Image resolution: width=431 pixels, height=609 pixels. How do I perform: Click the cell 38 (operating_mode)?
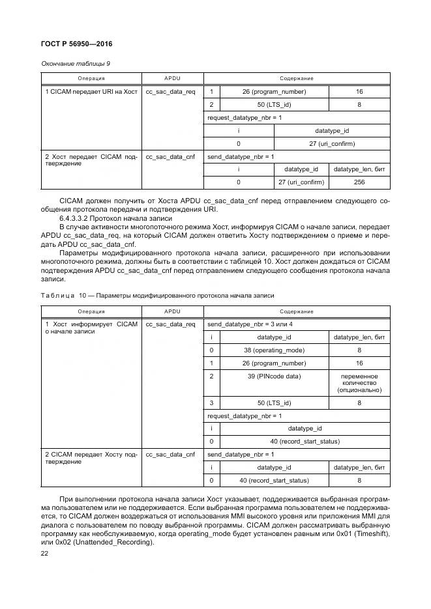pos(274,350)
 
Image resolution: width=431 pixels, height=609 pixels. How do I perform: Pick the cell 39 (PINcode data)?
pos(274,376)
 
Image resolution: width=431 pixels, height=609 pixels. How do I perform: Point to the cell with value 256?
pos(359,182)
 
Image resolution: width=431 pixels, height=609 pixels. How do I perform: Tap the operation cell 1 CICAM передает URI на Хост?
pos(91,92)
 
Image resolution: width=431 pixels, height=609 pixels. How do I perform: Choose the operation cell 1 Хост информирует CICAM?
pos(91,327)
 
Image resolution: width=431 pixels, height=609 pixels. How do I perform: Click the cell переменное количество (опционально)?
pos(359,383)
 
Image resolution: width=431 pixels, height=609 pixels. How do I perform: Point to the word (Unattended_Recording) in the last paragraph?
pos(101,542)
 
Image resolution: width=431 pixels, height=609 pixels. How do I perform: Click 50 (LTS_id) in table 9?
pos(274,104)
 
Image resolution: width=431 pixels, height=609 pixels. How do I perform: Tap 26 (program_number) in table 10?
pos(274,363)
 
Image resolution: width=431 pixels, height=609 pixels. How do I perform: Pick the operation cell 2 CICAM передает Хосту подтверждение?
pos(91,457)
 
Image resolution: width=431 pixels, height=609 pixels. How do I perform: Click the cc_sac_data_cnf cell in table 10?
pos(170,454)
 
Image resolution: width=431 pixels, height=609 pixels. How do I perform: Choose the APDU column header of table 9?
pos(170,78)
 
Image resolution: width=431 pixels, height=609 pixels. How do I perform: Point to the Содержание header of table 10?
pos(297,311)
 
